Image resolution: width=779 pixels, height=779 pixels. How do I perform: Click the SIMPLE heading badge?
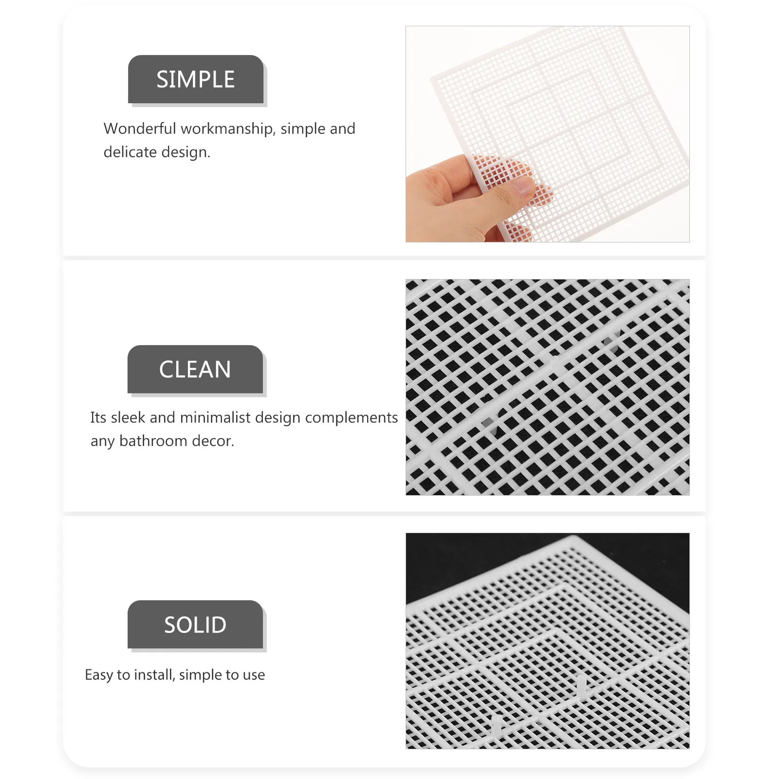coord(195,79)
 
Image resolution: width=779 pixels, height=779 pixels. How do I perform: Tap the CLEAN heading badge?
coord(195,370)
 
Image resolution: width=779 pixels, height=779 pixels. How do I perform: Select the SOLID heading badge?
coord(195,625)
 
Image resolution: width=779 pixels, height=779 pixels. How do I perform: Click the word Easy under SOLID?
coord(99,675)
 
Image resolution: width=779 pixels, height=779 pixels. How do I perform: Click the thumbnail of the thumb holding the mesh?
coord(523,185)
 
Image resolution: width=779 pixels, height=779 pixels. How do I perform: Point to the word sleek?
coord(128,418)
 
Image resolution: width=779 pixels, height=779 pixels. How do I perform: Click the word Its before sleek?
coord(98,418)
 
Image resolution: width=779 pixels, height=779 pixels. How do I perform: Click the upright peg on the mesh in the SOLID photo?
coord(581,686)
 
